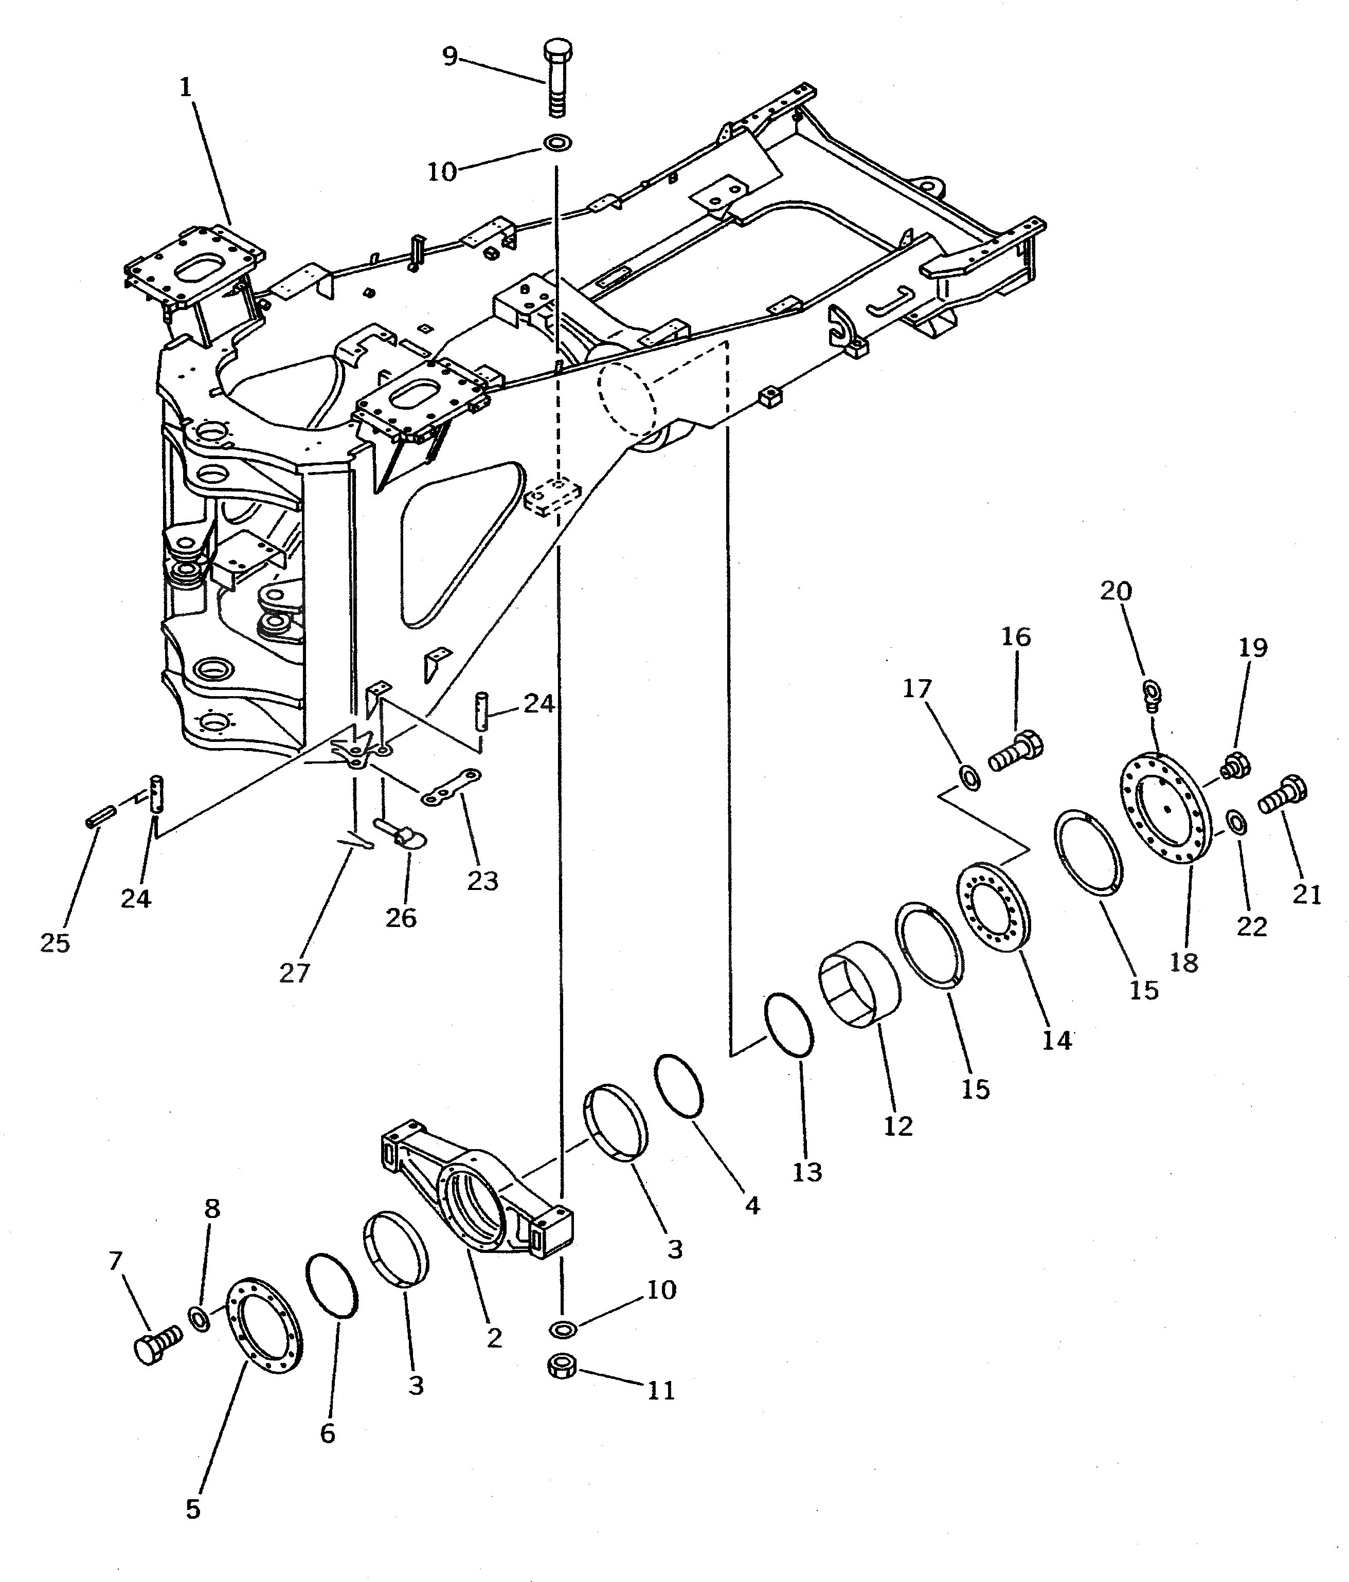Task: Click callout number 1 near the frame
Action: [186, 88]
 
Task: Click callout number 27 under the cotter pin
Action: [295, 973]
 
